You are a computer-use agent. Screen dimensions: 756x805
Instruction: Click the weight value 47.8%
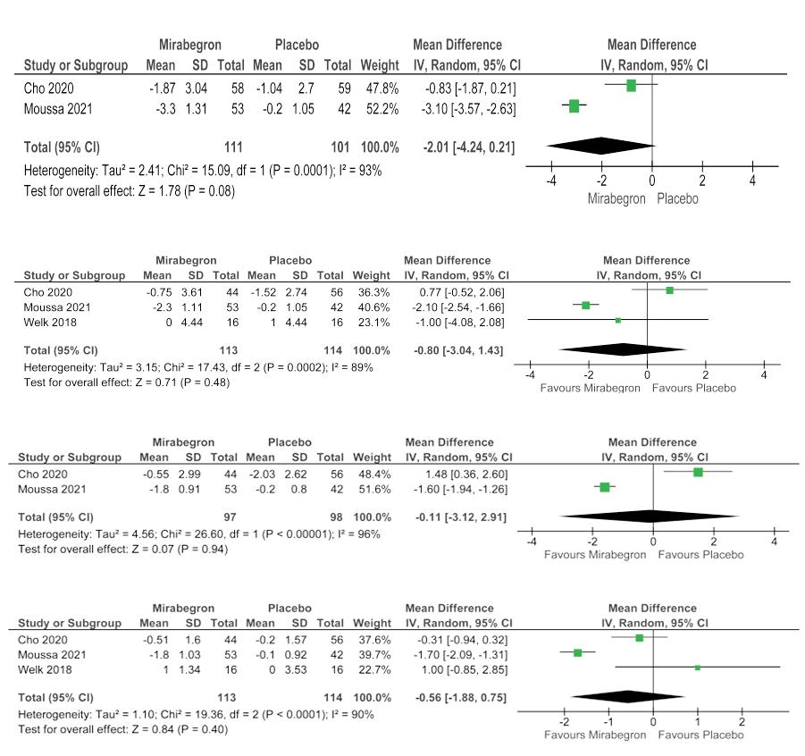pyautogui.click(x=379, y=88)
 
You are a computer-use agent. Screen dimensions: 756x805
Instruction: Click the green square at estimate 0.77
pyautogui.click(x=669, y=290)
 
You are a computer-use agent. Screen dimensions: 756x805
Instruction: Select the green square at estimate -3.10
pyautogui.click(x=574, y=106)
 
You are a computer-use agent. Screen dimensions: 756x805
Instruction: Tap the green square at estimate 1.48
pyautogui.click(x=698, y=472)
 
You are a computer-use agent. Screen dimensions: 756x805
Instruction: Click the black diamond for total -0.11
pyautogui.click(x=650, y=516)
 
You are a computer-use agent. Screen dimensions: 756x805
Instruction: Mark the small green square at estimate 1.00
pyautogui.click(x=698, y=667)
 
